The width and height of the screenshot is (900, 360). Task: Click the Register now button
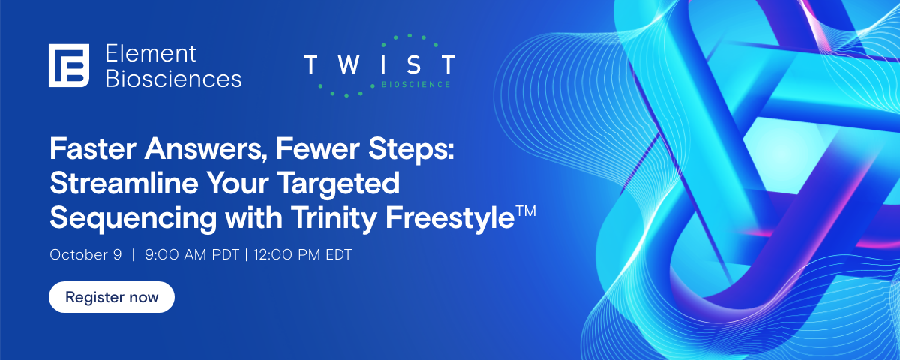[112, 297]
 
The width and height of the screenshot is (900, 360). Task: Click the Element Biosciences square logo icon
[69, 64]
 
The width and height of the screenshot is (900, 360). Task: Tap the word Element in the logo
[151, 53]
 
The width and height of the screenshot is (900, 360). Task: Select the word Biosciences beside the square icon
[173, 78]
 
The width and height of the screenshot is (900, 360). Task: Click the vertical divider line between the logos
[271, 64]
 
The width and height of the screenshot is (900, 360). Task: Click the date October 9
[85, 254]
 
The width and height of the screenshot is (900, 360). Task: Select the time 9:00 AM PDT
[192, 254]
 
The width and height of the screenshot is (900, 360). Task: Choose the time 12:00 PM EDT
[302, 254]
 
